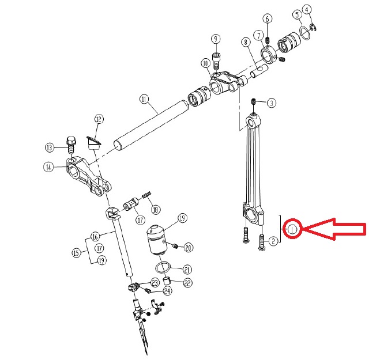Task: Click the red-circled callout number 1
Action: click(292, 229)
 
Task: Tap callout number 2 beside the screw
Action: click(273, 241)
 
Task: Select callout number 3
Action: click(272, 103)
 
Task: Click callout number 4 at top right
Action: click(307, 10)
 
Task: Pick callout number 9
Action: click(216, 39)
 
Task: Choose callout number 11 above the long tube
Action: click(144, 100)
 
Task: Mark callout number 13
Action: click(50, 147)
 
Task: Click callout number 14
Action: click(48, 167)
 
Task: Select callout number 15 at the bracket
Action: click(76, 253)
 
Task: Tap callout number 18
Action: click(155, 210)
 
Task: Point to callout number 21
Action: click(187, 270)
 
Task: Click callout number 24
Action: click(167, 291)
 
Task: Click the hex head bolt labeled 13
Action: click(70, 145)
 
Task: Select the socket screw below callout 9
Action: click(216, 60)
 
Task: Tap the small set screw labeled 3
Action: click(254, 101)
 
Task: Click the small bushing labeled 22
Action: click(167, 281)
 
